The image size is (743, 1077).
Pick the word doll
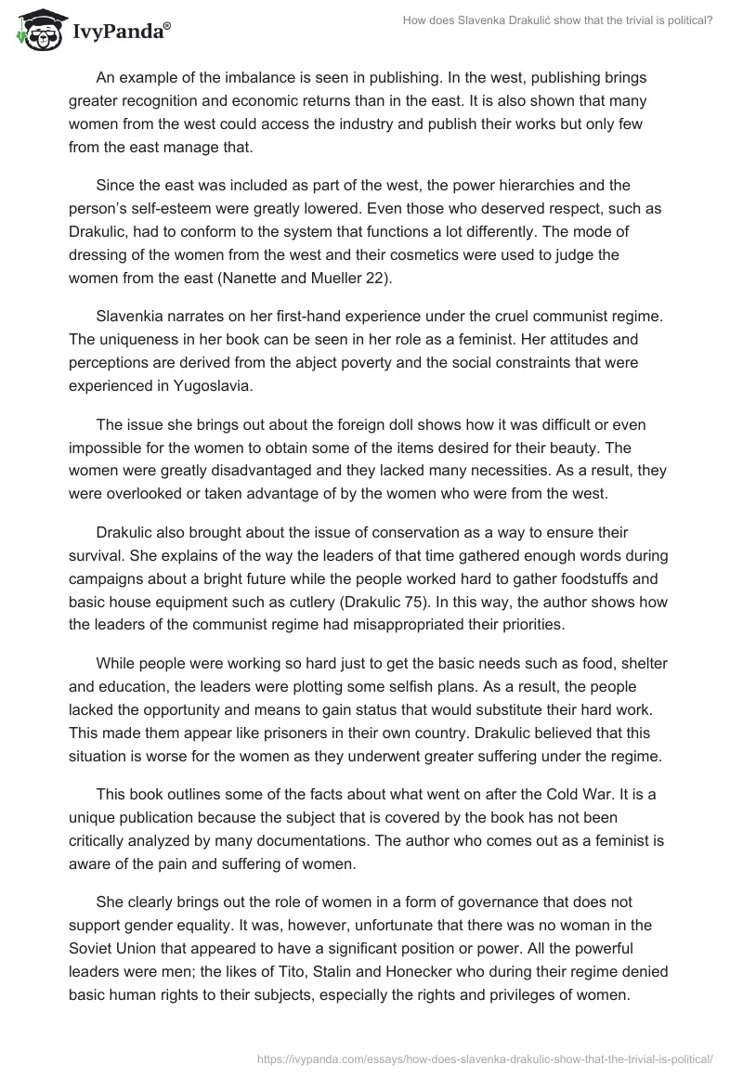tap(348, 424)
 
